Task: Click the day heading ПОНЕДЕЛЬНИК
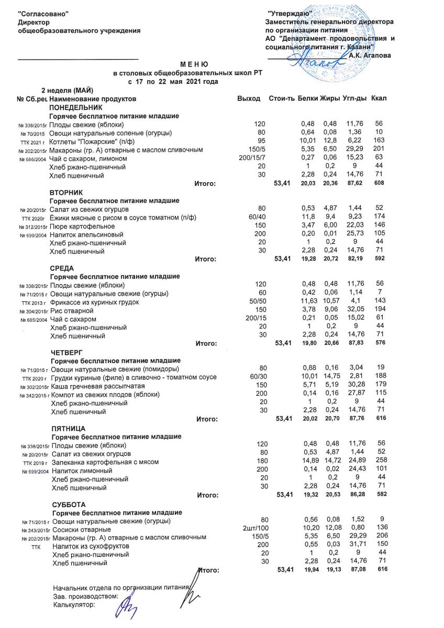coord(73,107)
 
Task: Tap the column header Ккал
coord(379,98)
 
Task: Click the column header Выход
coord(248,98)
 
